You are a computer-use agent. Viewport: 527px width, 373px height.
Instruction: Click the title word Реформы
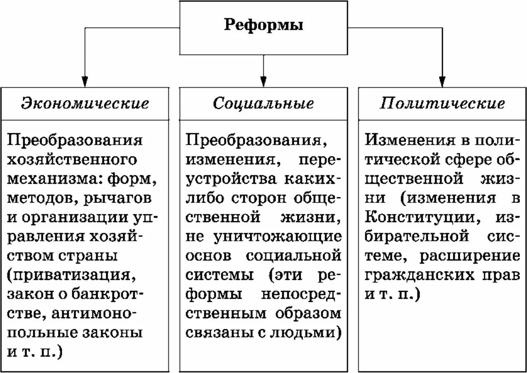tap(263, 25)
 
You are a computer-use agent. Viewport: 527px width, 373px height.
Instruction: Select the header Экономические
tap(85, 103)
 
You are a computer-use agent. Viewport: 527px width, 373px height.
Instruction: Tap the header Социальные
tap(263, 103)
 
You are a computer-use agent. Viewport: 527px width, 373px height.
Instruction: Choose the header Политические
tap(442, 103)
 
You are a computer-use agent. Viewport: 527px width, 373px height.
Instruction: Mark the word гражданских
tap(419, 275)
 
